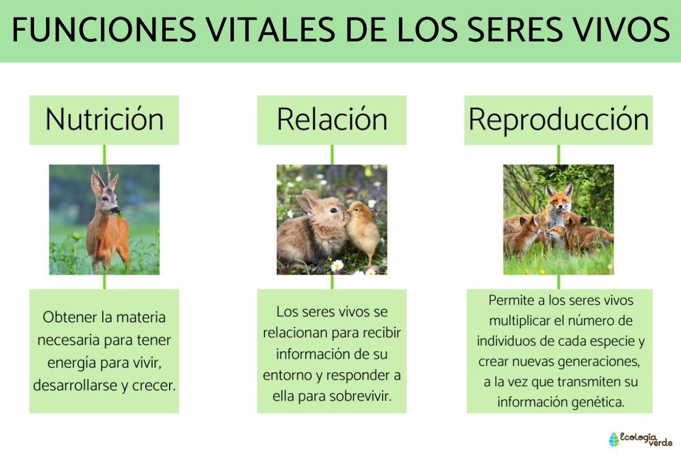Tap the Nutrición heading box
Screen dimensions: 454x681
click(x=104, y=120)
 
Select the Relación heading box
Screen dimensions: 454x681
click(x=332, y=120)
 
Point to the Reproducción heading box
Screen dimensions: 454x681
click(x=558, y=120)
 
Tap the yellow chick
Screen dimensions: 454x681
click(x=363, y=230)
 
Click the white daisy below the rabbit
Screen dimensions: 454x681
click(x=337, y=265)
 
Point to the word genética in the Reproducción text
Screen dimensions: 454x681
click(x=600, y=402)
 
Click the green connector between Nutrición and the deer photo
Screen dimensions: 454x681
click(x=104, y=154)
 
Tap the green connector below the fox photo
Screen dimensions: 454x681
click(x=558, y=282)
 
